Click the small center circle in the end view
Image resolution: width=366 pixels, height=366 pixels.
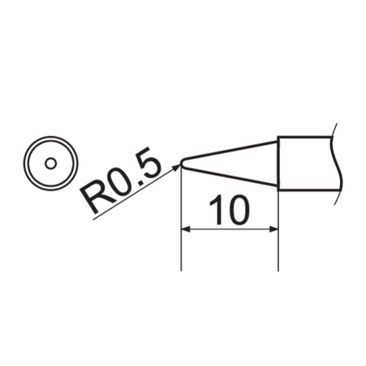[x=50, y=163]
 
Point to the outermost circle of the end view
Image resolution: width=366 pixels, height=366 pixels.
[x=50, y=141]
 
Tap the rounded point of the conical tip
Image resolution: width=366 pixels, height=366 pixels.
[x=182, y=163]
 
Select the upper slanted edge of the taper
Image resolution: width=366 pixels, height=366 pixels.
[x=232, y=150]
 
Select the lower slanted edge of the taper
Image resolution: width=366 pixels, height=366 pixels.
[x=232, y=178]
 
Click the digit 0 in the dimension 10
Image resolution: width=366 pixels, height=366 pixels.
[x=237, y=211]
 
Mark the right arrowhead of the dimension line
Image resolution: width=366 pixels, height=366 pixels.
[x=274, y=230]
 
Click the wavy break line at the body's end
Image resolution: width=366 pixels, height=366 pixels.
[x=337, y=163]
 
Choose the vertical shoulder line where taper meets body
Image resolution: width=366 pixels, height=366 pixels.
[x=279, y=163]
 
